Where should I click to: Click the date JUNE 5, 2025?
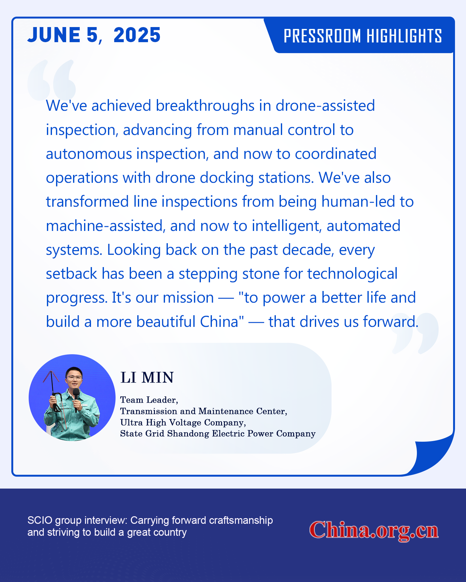(94, 35)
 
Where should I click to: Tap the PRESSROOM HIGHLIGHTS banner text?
(363, 36)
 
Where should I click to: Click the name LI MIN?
(147, 378)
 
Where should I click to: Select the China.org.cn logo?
(374, 530)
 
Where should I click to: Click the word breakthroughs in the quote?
(205, 106)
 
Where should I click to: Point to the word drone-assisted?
(325, 106)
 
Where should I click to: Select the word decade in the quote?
(308, 250)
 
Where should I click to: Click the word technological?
(352, 274)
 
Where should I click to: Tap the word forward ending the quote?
(391, 322)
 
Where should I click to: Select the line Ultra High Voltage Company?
(183, 423)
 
